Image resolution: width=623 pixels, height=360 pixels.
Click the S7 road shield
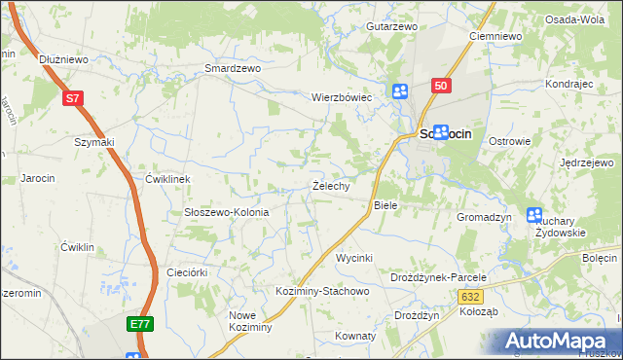[x=73, y=98]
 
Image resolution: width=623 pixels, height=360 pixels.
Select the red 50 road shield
[x=442, y=87]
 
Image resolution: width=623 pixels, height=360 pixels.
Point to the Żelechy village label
[x=331, y=186]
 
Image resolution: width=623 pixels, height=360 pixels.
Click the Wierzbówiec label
[x=342, y=98]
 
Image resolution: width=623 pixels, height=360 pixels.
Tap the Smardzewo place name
[x=233, y=69]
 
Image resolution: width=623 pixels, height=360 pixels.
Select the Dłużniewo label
[x=64, y=59]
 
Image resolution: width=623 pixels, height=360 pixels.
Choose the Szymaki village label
[x=94, y=142]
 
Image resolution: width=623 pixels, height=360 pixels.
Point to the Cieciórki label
[x=188, y=272]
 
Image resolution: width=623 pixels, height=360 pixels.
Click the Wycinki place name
[x=354, y=258]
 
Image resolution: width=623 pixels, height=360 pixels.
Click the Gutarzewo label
[x=391, y=26]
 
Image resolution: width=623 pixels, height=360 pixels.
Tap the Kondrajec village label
[x=569, y=85]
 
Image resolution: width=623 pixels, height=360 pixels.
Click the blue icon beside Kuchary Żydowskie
[x=534, y=215]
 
